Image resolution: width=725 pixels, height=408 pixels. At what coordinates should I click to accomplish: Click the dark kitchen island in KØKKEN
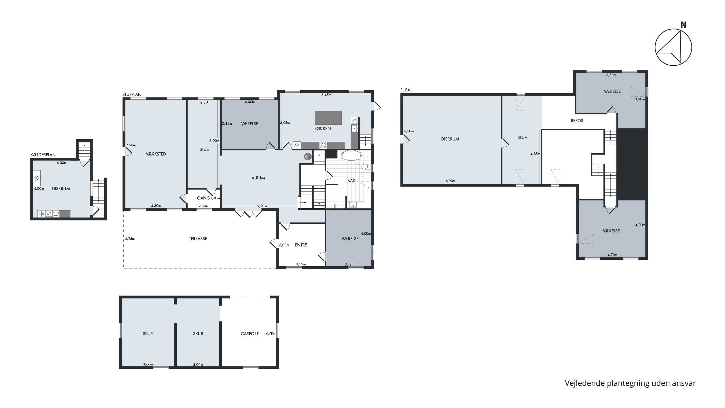click(328, 118)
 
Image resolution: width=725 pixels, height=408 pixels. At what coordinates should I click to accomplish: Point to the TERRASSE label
click(198, 239)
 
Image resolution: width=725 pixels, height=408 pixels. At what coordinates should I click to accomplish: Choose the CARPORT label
click(250, 334)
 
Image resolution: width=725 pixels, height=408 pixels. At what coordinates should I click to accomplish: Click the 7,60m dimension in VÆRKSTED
click(131, 145)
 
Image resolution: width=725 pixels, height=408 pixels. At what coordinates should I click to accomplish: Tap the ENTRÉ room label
click(301, 245)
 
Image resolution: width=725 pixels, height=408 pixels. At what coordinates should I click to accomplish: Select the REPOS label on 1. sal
click(577, 121)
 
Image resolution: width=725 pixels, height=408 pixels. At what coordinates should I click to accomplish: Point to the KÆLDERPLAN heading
click(43, 155)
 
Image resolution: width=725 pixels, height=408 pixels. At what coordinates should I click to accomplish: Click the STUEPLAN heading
click(132, 95)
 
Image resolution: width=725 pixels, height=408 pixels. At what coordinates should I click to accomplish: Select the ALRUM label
click(258, 178)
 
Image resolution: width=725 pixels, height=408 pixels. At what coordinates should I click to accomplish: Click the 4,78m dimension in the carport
click(271, 334)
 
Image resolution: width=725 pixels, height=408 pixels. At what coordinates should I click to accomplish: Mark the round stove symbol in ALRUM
click(307, 156)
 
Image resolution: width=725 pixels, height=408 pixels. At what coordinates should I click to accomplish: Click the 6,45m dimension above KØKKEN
click(326, 95)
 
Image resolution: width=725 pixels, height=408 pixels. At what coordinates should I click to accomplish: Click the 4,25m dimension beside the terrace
click(130, 239)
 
